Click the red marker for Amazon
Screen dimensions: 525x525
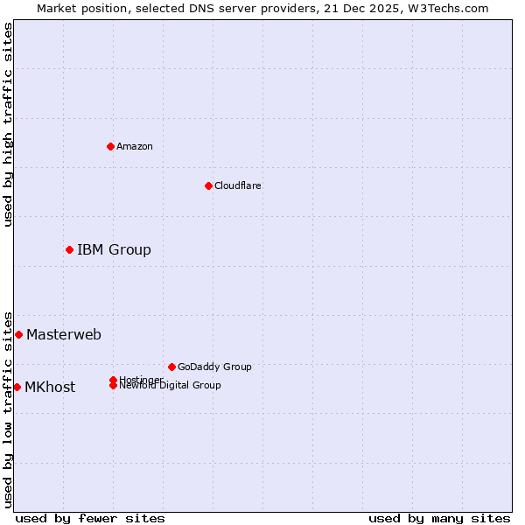pyautogui.click(x=111, y=146)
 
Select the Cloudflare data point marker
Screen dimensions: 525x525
pyautogui.click(x=208, y=185)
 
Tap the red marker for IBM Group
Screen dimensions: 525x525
pyautogui.click(x=70, y=250)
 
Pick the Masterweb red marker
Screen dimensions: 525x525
pyautogui.click(x=18, y=334)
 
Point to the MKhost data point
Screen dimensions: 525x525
pyautogui.click(x=17, y=387)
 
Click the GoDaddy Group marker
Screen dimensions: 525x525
pyautogui.click(x=171, y=367)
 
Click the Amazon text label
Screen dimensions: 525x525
pyautogui.click(x=135, y=146)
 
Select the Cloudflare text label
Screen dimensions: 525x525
pyautogui.click(x=238, y=185)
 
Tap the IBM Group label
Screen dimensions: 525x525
pyautogui.click(x=114, y=250)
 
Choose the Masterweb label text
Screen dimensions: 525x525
pyautogui.click(x=64, y=334)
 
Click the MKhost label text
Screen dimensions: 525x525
pyautogui.click(x=50, y=388)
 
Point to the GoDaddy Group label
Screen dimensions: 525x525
pyautogui.click(x=214, y=367)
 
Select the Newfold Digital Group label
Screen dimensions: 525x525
pyautogui.click(x=171, y=386)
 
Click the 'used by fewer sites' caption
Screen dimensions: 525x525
pyautogui.click(x=90, y=518)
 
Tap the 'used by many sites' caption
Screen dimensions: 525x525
pyautogui.click(x=439, y=518)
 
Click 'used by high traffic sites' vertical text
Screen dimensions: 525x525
pyautogui.click(x=8, y=124)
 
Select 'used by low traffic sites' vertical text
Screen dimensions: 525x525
pyautogui.click(x=8, y=409)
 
